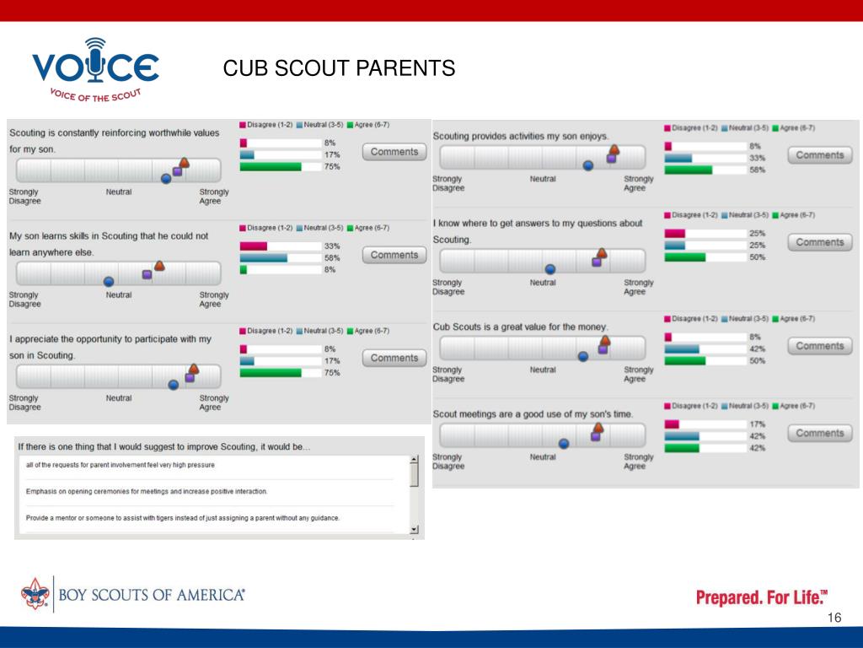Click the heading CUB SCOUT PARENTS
[339, 68]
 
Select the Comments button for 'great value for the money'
[819, 346]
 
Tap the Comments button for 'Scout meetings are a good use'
[819, 433]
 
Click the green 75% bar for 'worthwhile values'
[271, 166]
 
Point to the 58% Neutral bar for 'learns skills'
[264, 258]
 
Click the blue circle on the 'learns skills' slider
[109, 281]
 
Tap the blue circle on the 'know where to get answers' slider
[550, 269]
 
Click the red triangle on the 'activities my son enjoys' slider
[614, 149]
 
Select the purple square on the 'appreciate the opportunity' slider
[190, 377]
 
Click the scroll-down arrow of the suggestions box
[414, 529]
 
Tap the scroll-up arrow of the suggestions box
[414, 460]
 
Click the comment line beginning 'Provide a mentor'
[183, 518]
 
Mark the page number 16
[834, 618]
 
